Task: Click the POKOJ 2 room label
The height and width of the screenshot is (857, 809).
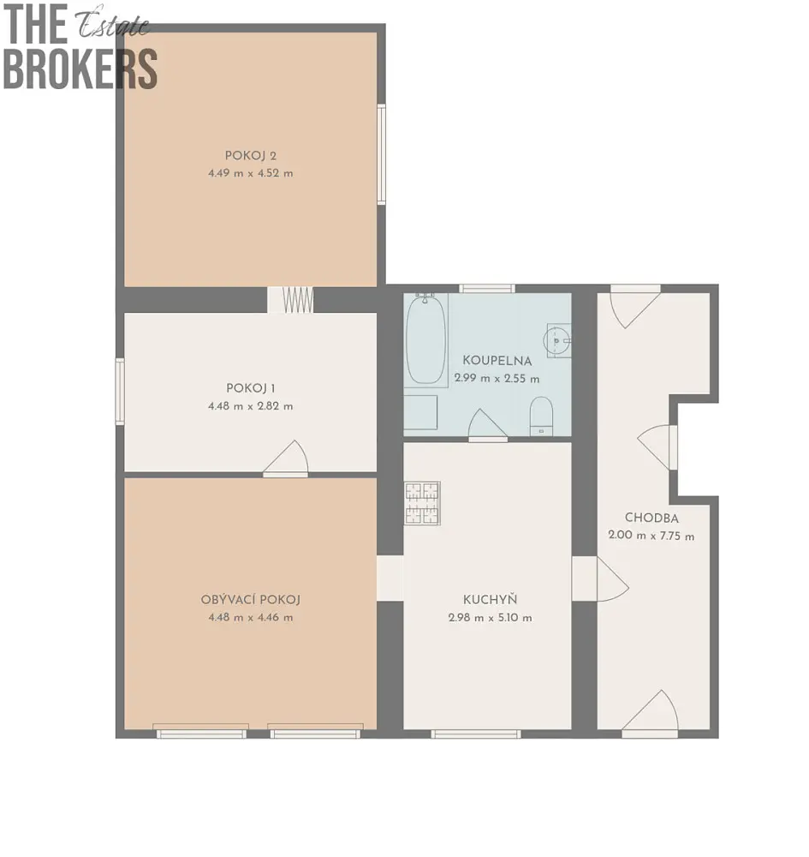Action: [x=251, y=156]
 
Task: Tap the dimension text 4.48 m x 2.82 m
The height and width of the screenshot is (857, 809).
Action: [x=251, y=406]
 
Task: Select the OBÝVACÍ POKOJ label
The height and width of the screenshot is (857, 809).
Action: [x=251, y=600]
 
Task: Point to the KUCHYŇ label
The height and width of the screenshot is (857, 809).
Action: [x=490, y=600]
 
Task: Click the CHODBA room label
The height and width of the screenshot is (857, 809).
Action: [x=651, y=518]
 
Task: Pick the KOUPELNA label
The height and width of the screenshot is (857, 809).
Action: [x=497, y=361]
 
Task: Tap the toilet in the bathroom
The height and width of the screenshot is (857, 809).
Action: [x=542, y=417]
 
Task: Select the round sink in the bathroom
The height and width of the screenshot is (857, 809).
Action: [x=556, y=340]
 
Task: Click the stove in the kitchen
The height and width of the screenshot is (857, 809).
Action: [x=422, y=503]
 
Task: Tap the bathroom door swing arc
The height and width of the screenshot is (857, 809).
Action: [x=488, y=424]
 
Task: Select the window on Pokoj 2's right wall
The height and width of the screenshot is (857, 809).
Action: [x=382, y=154]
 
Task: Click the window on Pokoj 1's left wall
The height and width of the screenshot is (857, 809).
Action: [x=120, y=392]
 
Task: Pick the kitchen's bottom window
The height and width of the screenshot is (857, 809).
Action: [x=475, y=734]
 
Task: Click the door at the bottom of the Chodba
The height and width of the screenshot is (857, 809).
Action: [x=650, y=713]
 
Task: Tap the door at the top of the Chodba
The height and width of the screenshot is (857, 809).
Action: [x=635, y=306]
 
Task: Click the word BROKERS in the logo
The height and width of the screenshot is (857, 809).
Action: [x=80, y=69]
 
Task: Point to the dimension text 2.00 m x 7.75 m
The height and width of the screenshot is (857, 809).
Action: [x=651, y=536]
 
